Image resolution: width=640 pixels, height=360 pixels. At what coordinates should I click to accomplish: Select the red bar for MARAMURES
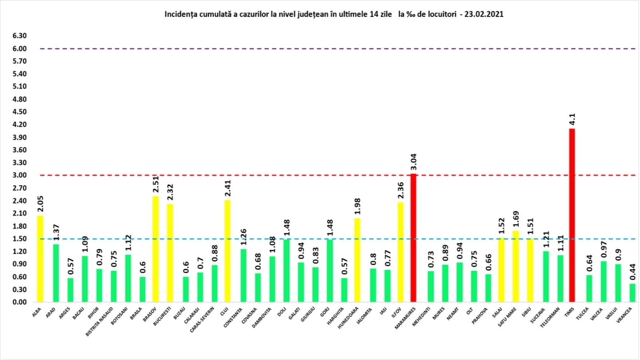[413, 238]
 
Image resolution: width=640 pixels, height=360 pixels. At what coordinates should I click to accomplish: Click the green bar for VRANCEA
[632, 292]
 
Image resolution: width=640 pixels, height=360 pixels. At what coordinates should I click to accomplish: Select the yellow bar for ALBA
[40, 258]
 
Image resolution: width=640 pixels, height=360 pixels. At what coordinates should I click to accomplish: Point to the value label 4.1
[572, 119]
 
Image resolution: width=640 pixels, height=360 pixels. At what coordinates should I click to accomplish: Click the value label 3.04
[413, 162]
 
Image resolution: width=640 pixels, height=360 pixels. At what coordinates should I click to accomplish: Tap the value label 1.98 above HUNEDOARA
[357, 206]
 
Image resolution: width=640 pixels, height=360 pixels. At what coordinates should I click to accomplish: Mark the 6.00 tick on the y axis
[20, 48]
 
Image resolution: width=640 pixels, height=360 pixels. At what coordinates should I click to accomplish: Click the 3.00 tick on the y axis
[20, 175]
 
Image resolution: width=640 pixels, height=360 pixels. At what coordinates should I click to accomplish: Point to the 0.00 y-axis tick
[20, 302]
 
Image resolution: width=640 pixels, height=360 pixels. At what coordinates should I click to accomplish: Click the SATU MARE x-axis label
[507, 317]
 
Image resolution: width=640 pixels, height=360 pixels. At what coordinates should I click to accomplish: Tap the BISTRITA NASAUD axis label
[99, 321]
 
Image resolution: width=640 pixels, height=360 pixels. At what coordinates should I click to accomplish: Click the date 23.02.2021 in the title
[484, 14]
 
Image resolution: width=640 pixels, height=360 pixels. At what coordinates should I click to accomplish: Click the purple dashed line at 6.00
[320, 49]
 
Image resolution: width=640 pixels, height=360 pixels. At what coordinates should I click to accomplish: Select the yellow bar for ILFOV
[400, 252]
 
